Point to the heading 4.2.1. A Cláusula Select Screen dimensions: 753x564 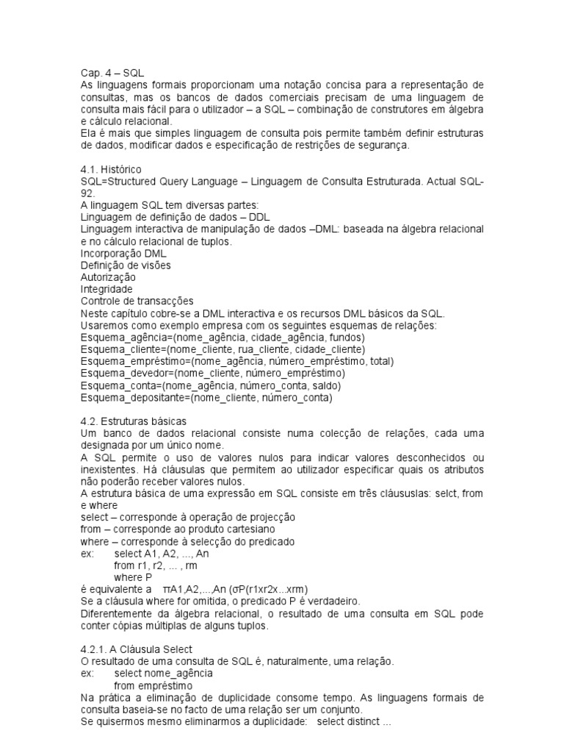[x=136, y=649]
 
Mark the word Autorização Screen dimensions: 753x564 [x=108, y=277]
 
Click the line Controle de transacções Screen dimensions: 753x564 [x=137, y=301]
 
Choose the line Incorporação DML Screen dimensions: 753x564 [x=123, y=253]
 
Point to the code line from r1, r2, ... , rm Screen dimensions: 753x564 [x=156, y=565]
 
